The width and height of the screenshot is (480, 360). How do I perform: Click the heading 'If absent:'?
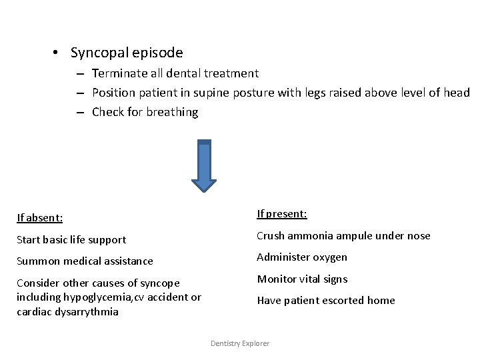39,218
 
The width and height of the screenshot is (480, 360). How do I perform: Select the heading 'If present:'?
282,214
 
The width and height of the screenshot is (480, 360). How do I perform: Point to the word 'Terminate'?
118,73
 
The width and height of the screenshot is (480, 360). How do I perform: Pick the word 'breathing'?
172,112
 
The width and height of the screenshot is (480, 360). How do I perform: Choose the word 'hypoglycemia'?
100,297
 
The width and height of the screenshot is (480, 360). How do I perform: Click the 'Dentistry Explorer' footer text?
240,343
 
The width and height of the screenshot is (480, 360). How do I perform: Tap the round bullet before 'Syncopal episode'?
59,53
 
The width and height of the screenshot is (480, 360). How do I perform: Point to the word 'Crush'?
272,235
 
